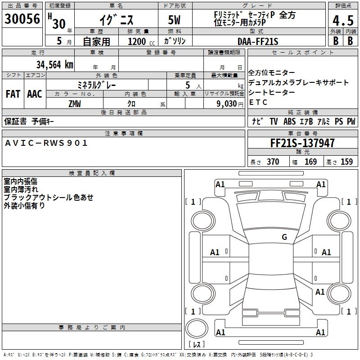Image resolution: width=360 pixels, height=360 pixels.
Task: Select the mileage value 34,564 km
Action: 54,65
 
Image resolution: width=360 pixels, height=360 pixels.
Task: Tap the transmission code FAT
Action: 13,94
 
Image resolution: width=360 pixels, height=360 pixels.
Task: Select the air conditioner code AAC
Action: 35,94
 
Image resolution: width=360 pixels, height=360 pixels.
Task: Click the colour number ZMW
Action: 75,104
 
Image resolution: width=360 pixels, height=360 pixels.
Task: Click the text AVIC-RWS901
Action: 46,143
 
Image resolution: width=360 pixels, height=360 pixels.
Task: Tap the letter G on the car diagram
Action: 284,237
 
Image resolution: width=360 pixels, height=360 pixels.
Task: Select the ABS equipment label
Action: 289,121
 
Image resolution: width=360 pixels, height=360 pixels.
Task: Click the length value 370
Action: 273,162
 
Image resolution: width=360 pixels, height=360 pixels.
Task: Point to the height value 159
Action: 346,162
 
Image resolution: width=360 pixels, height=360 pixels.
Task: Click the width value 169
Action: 310,162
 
